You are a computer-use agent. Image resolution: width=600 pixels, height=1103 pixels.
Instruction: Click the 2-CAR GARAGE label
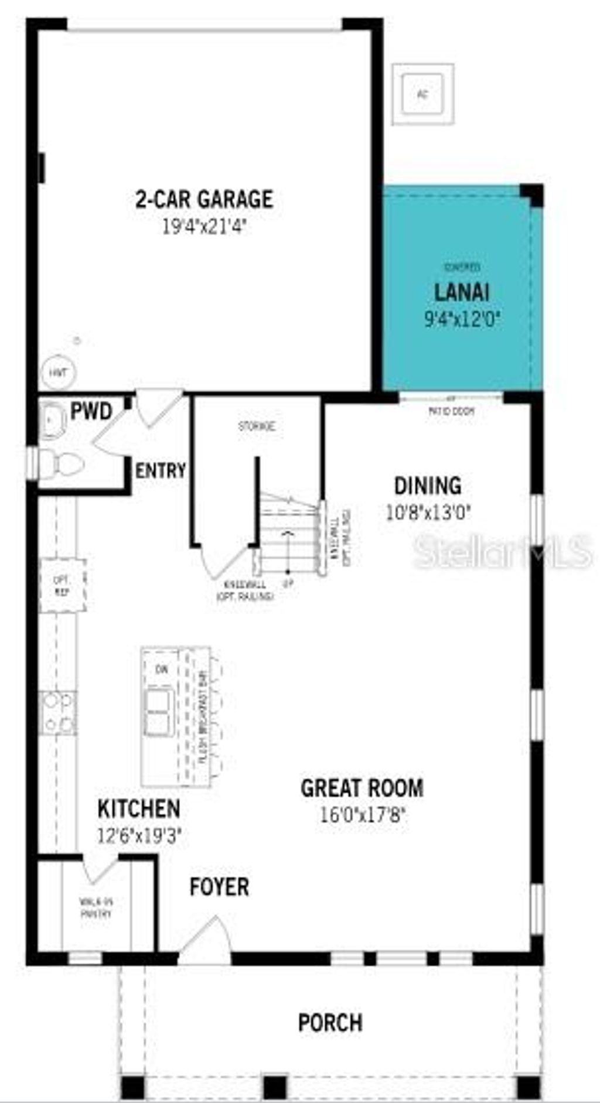204,199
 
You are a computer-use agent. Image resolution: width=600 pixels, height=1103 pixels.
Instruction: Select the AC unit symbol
422,93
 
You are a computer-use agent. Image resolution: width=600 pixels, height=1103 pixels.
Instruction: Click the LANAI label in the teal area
462,292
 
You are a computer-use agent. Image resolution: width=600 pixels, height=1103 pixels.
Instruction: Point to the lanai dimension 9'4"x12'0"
463,319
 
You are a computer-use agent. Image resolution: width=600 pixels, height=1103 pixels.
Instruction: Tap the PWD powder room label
91,411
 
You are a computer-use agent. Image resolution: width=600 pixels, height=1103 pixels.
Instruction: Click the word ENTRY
160,470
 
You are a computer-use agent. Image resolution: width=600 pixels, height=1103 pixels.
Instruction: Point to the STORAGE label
256,426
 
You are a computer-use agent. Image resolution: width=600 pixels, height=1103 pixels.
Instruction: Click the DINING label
428,486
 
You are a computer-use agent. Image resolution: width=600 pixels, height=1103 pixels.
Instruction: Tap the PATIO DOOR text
451,411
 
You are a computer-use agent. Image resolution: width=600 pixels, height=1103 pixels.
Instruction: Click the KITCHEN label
138,809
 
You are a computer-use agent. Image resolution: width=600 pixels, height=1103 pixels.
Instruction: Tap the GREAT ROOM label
362,788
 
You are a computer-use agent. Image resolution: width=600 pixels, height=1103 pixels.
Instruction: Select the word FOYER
219,887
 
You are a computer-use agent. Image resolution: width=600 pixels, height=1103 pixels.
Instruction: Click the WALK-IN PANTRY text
96,908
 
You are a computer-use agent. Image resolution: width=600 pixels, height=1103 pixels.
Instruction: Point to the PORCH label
330,1023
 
